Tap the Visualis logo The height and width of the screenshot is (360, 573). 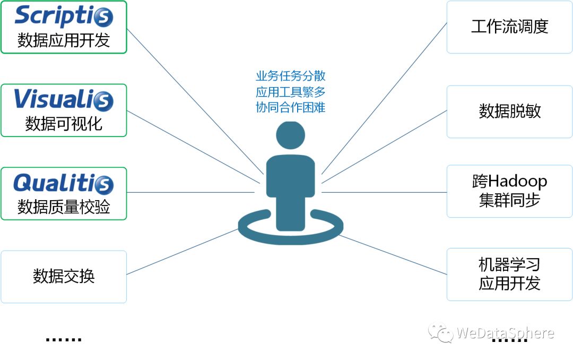coord(64,99)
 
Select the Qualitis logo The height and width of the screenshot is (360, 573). coord(64,183)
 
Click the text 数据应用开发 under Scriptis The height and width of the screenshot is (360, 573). coord(64,40)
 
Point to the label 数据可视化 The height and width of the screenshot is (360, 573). coord(64,124)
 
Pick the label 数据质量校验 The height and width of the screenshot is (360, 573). coord(64,207)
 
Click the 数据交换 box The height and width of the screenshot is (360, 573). coord(64,277)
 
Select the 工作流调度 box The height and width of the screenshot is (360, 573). coord(509,27)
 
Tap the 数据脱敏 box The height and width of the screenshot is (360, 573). coord(509,112)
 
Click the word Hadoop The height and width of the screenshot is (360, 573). coord(517,182)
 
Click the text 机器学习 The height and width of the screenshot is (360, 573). coord(509,264)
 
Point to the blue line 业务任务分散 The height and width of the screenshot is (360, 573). coord(290,76)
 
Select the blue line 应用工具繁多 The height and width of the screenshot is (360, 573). coord(290,91)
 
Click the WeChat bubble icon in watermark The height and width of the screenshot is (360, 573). coord(441,333)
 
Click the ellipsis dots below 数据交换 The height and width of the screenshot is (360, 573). coord(64,338)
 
